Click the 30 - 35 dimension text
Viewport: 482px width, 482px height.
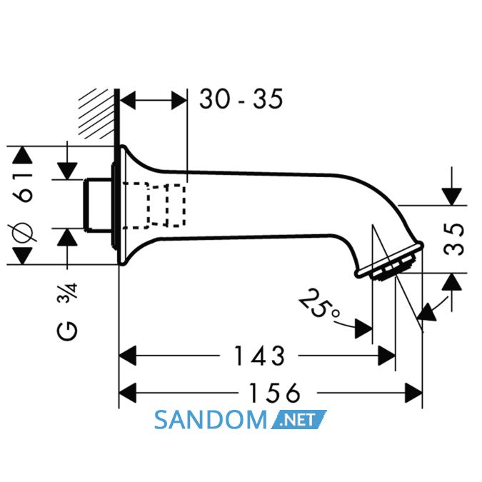[241, 99]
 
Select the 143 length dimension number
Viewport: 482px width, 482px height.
[259, 356]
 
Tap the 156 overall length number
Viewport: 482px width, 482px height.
[274, 393]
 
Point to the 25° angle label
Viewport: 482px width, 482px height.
[318, 303]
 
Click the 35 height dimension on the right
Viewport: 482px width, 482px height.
[454, 239]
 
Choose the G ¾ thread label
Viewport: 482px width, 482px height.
[67, 312]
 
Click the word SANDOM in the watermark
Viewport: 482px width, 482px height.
[211, 420]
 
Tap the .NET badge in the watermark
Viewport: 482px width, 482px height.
[298, 420]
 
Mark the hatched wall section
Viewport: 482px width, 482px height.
[96, 114]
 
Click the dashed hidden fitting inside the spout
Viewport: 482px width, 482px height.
[154, 206]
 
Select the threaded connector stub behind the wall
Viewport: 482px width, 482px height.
[97, 204]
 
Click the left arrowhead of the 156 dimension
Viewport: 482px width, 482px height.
[127, 393]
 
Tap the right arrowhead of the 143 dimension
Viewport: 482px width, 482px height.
[387, 356]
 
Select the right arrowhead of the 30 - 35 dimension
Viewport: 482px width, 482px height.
[179, 100]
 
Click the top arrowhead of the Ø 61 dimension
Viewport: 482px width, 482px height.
[22, 155]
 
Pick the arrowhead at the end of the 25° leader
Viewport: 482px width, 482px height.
[363, 329]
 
